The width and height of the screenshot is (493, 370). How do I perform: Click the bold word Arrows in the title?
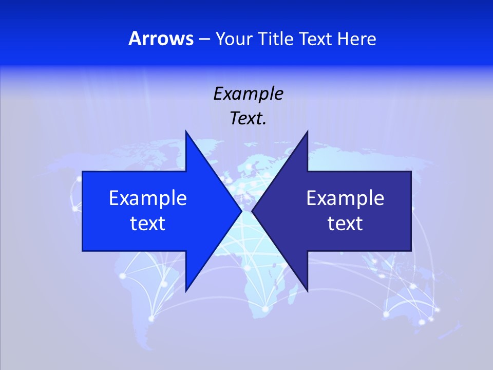[x=161, y=39]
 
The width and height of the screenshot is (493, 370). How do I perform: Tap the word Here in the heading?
[x=356, y=39]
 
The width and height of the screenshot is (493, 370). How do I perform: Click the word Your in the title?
[x=234, y=39]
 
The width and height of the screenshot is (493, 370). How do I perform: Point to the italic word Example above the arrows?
[x=248, y=94]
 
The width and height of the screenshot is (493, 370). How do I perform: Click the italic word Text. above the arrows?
[x=248, y=119]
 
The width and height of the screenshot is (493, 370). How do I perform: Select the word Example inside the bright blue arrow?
[x=148, y=198]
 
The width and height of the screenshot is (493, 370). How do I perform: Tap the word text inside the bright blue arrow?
[x=148, y=224]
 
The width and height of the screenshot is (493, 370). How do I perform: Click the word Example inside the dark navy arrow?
[x=345, y=198]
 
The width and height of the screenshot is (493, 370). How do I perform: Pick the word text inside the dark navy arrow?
[x=345, y=224]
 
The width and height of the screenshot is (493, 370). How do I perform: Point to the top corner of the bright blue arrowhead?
[x=186, y=132]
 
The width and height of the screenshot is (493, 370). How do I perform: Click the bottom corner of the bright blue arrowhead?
[x=186, y=291]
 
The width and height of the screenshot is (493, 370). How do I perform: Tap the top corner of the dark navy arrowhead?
[x=307, y=132]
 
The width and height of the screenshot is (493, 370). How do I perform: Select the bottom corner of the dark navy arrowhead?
[x=307, y=291]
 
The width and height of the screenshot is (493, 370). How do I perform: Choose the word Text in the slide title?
[x=316, y=39]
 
